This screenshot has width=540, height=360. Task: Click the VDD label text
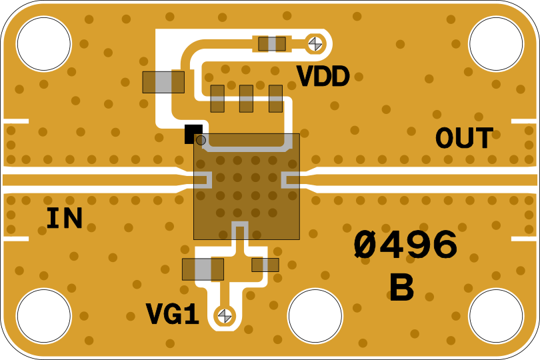tap(323, 77)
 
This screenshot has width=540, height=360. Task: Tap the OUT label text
tap(464, 139)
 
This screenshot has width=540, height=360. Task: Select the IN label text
tap(64, 219)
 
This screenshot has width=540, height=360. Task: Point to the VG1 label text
tap(173, 315)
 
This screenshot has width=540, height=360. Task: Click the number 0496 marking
tap(405, 245)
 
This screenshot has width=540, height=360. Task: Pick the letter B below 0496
tap(401, 289)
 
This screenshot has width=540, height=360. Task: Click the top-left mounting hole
tap(43, 43)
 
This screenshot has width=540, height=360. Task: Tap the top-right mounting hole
tap(496, 43)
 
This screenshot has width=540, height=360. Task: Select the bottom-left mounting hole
tap(43, 316)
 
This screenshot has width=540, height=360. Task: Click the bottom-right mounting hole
tap(496, 316)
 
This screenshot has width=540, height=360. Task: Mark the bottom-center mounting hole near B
tap(315, 316)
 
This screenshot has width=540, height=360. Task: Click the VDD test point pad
tap(315, 44)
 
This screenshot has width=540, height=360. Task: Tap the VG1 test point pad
tap(225, 315)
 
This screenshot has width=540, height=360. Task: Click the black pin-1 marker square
tap(193, 133)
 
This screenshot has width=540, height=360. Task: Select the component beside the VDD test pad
tap(272, 44)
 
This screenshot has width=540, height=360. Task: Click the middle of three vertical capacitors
tap(246, 99)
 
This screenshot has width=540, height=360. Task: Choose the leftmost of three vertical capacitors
tap(217, 99)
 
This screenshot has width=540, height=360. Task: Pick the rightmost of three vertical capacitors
tap(275, 99)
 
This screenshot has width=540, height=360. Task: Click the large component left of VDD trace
tap(163, 82)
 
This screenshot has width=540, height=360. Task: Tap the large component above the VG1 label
tap(203, 269)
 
